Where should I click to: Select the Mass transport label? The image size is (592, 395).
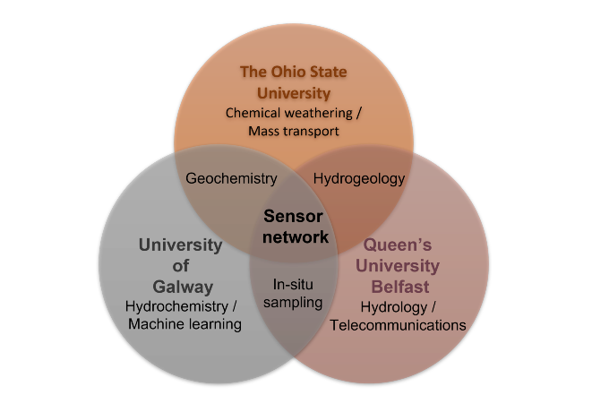click(293, 132)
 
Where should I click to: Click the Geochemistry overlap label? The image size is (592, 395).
click(231, 178)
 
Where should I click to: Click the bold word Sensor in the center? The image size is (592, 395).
click(292, 216)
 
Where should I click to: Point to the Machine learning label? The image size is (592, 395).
click(184, 324)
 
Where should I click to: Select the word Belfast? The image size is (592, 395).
click(399, 286)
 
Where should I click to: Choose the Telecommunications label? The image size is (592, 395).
click(398, 325)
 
